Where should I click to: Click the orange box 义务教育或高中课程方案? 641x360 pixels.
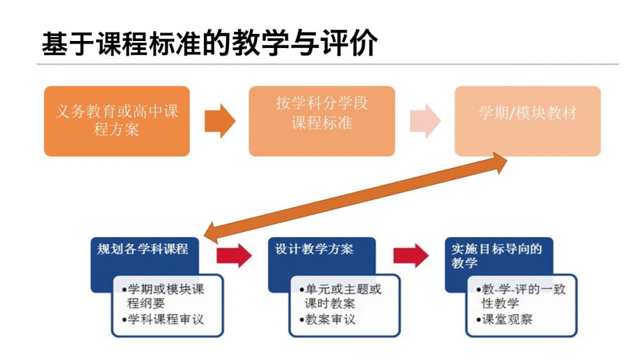pos(117,121)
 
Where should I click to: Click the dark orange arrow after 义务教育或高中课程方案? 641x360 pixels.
pos(220,120)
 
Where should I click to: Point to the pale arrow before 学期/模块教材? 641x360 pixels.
pos(424,120)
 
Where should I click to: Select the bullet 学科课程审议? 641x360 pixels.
pos(165,319)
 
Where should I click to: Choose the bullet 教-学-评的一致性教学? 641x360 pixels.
pos(520,296)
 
